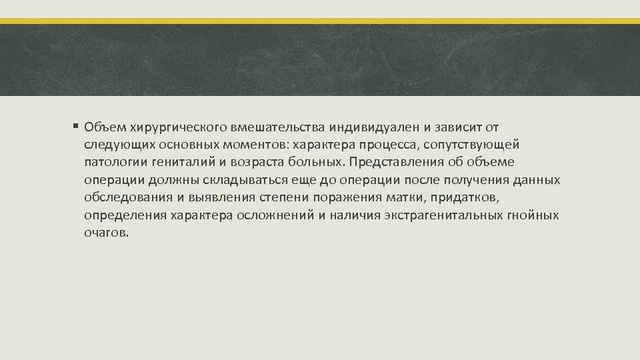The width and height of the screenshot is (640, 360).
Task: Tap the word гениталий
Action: coord(176,163)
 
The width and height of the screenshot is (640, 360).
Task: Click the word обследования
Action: coord(123,199)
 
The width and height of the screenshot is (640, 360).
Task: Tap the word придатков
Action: coord(469,199)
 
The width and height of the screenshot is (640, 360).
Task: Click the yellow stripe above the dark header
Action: coord(320,21)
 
